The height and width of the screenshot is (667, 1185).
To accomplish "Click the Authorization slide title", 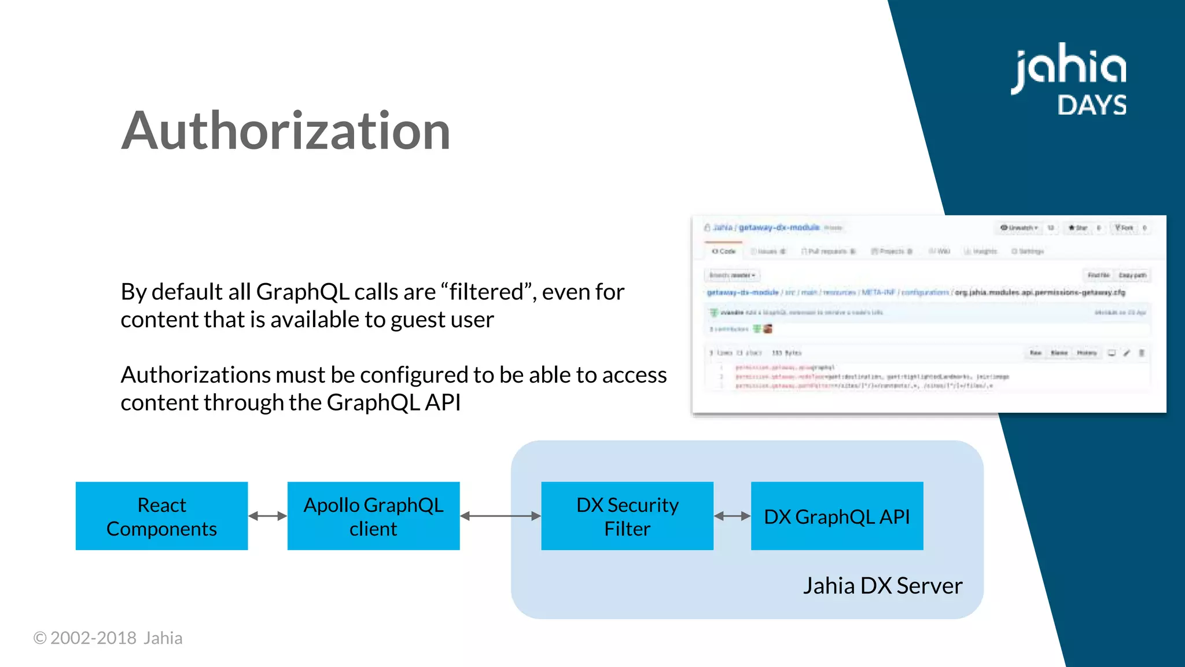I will [x=285, y=131].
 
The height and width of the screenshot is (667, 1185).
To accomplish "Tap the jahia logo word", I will [x=1068, y=68].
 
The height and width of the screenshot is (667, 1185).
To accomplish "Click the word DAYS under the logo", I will [x=1092, y=105].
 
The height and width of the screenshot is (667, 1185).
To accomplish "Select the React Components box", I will [x=161, y=516].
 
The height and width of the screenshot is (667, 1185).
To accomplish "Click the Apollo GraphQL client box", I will [x=373, y=516].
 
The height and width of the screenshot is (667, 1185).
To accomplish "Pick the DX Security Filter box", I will [x=627, y=516].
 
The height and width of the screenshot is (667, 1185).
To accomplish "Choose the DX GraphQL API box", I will [x=837, y=516].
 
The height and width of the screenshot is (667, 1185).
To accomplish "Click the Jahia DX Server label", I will [x=882, y=586].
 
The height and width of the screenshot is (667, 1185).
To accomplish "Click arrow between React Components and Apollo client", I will [x=267, y=516].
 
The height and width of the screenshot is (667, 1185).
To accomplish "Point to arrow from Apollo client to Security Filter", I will [x=500, y=516].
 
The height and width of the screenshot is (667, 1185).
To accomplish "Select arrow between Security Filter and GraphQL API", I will [x=732, y=516].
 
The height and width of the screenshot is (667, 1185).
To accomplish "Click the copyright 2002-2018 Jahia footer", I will [x=108, y=638].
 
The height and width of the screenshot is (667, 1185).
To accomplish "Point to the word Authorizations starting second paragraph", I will [x=195, y=375].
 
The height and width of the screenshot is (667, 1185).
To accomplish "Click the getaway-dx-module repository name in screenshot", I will [x=779, y=228].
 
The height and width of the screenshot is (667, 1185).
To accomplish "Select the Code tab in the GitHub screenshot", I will [x=724, y=251].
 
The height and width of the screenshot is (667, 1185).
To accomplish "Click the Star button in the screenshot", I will [x=1078, y=228].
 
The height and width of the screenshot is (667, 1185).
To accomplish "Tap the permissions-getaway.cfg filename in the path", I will [x=1039, y=292].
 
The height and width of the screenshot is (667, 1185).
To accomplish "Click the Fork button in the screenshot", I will [x=1124, y=228].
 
